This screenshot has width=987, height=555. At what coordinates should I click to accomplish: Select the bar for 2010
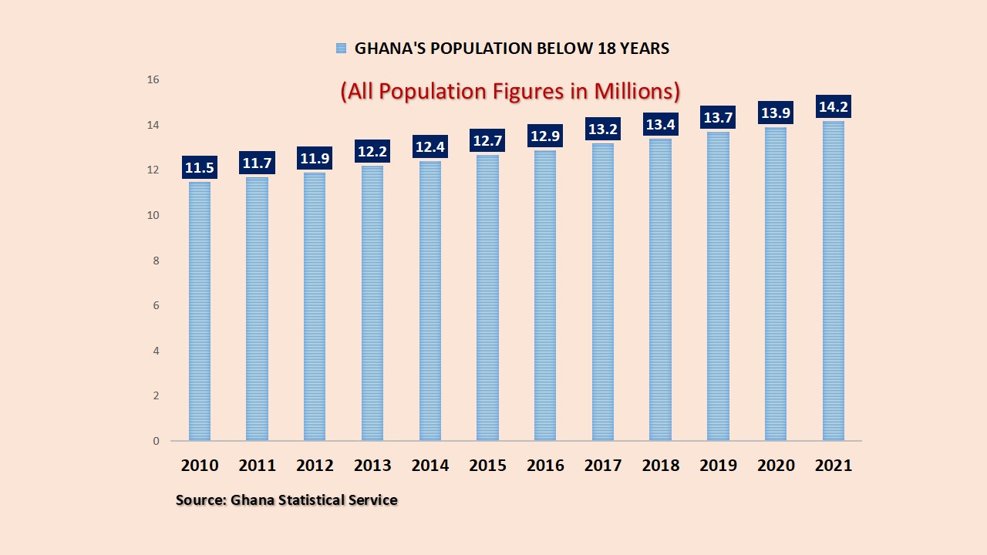pyautogui.click(x=200, y=311)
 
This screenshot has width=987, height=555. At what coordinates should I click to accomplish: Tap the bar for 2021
pyautogui.click(x=833, y=281)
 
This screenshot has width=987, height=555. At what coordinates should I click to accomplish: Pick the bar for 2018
pyautogui.click(x=660, y=290)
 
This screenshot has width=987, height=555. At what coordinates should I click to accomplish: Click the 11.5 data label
pyautogui.click(x=200, y=167)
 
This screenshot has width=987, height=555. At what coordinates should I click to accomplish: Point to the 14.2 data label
pyautogui.click(x=833, y=106)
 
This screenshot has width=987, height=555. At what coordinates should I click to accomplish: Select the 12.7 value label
pyautogui.click(x=487, y=140)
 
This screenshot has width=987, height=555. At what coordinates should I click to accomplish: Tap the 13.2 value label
pyautogui.click(x=603, y=129)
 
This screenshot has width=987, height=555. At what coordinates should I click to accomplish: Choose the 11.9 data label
pyautogui.click(x=315, y=158)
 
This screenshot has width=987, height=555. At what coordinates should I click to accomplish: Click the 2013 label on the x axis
pyautogui.click(x=372, y=466)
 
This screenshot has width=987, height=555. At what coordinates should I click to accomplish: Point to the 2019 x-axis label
pyautogui.click(x=718, y=466)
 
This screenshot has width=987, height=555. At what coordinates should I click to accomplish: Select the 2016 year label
pyautogui.click(x=545, y=466)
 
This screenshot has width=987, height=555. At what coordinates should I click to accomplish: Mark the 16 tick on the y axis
pyautogui.click(x=153, y=79)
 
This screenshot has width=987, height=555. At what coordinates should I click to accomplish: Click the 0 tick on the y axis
pyautogui.click(x=156, y=441)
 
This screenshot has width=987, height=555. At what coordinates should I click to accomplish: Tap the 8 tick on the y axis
pyautogui.click(x=156, y=261)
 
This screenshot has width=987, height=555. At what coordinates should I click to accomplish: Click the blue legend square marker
pyautogui.click(x=341, y=49)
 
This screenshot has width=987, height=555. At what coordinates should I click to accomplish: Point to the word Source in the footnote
pyautogui.click(x=200, y=500)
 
